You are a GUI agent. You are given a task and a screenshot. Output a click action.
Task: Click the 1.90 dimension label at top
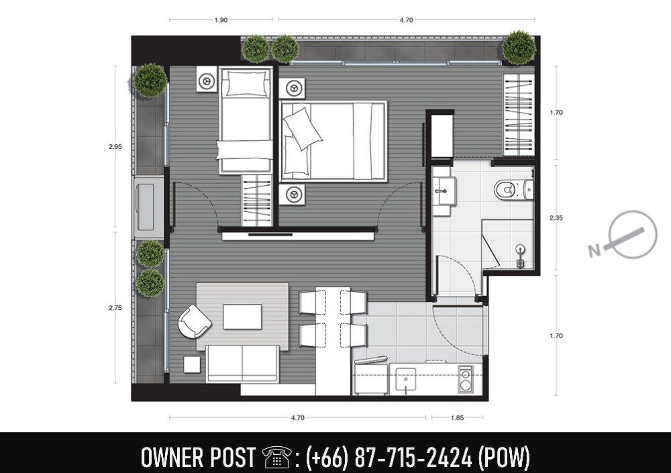(221, 19)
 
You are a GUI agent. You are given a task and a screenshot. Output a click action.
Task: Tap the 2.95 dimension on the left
(115, 146)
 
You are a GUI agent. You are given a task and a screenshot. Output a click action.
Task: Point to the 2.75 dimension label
(115, 307)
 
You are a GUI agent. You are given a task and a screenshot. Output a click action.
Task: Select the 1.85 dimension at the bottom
(457, 417)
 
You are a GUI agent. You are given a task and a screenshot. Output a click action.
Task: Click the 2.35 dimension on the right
(556, 217)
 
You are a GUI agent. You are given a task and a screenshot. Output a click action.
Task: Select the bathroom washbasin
(444, 191)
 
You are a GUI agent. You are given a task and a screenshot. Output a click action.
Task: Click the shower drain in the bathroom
(520, 264)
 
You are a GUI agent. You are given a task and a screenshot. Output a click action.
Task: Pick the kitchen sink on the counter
(405, 378)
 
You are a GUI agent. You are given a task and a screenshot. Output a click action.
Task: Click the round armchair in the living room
(194, 321)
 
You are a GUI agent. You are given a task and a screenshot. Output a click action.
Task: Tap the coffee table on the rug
(242, 317)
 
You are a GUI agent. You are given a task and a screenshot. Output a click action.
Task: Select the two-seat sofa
(242, 364)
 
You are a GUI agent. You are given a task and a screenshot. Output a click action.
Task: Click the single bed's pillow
(246, 83)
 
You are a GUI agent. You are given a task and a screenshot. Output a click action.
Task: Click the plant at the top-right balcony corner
(519, 47)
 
